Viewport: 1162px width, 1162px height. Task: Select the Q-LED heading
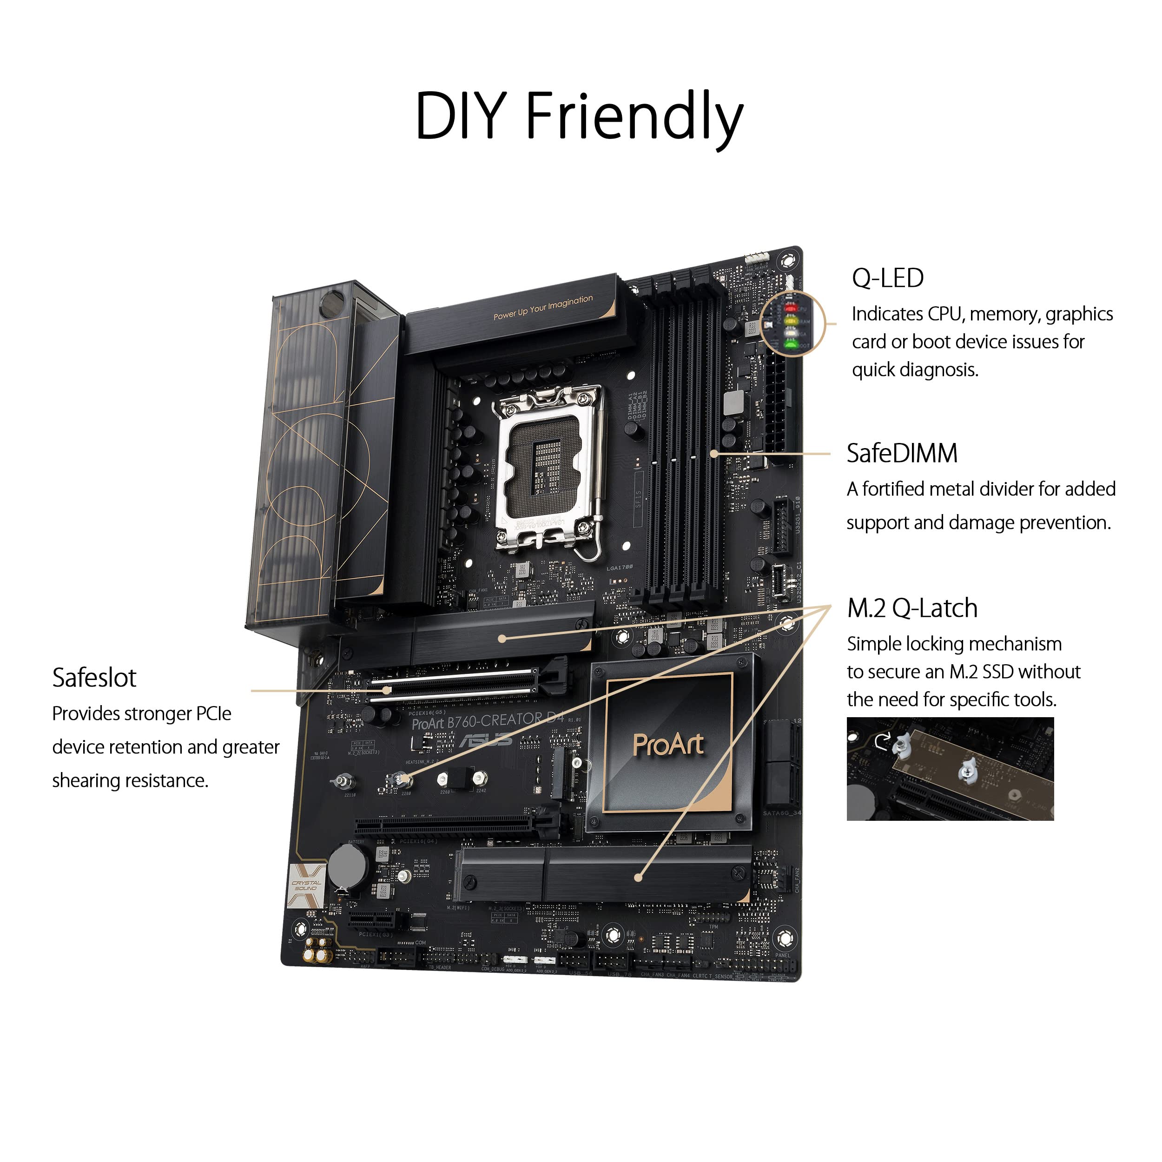point(887,278)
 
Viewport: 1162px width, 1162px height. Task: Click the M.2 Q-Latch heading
point(912,608)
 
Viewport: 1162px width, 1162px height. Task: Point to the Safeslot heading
point(94,678)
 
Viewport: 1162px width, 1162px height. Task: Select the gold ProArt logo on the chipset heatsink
point(667,745)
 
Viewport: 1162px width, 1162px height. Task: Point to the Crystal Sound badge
point(306,885)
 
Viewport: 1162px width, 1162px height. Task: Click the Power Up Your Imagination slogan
point(542,307)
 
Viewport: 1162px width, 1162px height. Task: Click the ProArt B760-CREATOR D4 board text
point(487,720)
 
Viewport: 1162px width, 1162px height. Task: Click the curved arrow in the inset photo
point(882,741)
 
